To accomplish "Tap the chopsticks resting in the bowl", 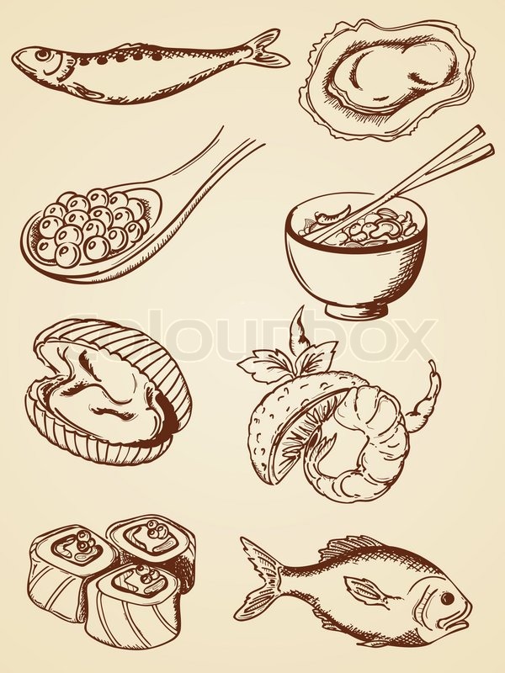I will click(421, 177).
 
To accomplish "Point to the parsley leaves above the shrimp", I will click(286, 358).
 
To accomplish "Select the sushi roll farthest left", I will click(63, 572).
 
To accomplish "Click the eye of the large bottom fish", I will click(446, 598).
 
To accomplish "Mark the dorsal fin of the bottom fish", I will click(362, 547).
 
